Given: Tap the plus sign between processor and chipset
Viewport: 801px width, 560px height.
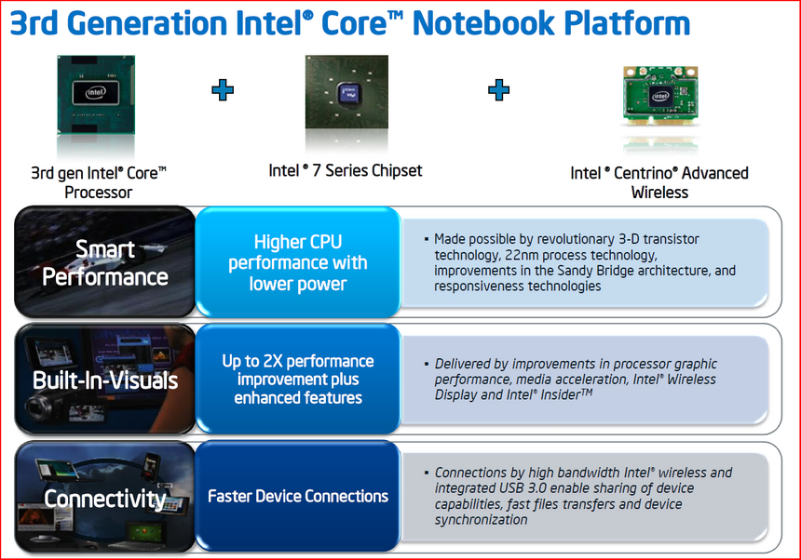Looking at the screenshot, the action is [223, 89].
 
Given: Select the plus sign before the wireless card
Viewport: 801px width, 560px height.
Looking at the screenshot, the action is [498, 89].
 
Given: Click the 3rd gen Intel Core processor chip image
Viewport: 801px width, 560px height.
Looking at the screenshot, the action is [96, 94].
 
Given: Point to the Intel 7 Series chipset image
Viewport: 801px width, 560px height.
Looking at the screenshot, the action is [346, 92].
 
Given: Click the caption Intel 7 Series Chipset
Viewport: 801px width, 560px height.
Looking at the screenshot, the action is [346, 170].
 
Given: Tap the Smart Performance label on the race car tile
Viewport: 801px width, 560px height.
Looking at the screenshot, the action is [105, 262].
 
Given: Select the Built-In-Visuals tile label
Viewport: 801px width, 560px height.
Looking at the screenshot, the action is [105, 380].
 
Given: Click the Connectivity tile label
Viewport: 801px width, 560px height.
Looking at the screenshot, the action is [105, 499].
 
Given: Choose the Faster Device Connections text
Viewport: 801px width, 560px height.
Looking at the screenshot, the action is [298, 496].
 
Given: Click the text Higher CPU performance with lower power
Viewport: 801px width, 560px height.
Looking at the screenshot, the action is [298, 262].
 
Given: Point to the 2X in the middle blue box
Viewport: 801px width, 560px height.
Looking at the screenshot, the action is [273, 361].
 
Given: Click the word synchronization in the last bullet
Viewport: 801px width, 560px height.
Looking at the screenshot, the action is [482, 520].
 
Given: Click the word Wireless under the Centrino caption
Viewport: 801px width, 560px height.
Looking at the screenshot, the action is [659, 193].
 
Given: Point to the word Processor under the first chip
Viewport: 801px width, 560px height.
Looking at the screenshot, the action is [99, 193].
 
